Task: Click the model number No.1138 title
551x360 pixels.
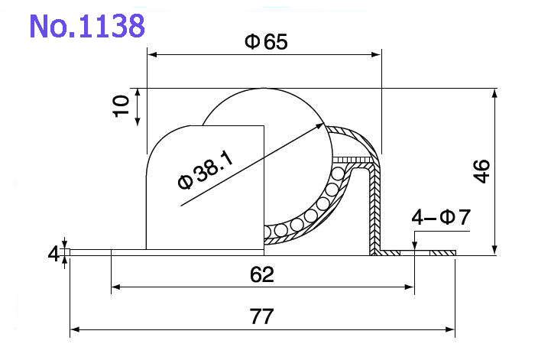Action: (86, 26)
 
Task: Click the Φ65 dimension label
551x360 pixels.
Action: (266, 42)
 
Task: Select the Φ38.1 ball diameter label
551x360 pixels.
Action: (205, 170)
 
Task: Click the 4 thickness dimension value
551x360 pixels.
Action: (53, 254)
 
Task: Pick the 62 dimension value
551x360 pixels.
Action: (262, 274)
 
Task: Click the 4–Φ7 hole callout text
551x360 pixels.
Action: (441, 219)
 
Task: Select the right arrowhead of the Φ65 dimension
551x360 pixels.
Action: (377, 54)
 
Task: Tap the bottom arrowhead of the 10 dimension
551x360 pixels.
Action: (138, 122)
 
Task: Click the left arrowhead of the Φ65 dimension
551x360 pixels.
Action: (151, 54)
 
